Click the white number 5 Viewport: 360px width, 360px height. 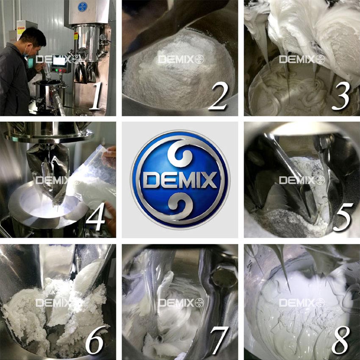(x=342, y=217)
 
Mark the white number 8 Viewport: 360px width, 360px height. (x=341, y=340)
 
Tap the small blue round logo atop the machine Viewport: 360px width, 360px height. (x=83, y=7)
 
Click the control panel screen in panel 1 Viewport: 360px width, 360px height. (x=59, y=61)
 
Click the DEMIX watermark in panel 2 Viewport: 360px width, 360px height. (x=181, y=59)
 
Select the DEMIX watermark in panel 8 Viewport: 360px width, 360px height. (x=302, y=302)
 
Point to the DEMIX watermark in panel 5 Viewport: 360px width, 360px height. (x=302, y=180)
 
